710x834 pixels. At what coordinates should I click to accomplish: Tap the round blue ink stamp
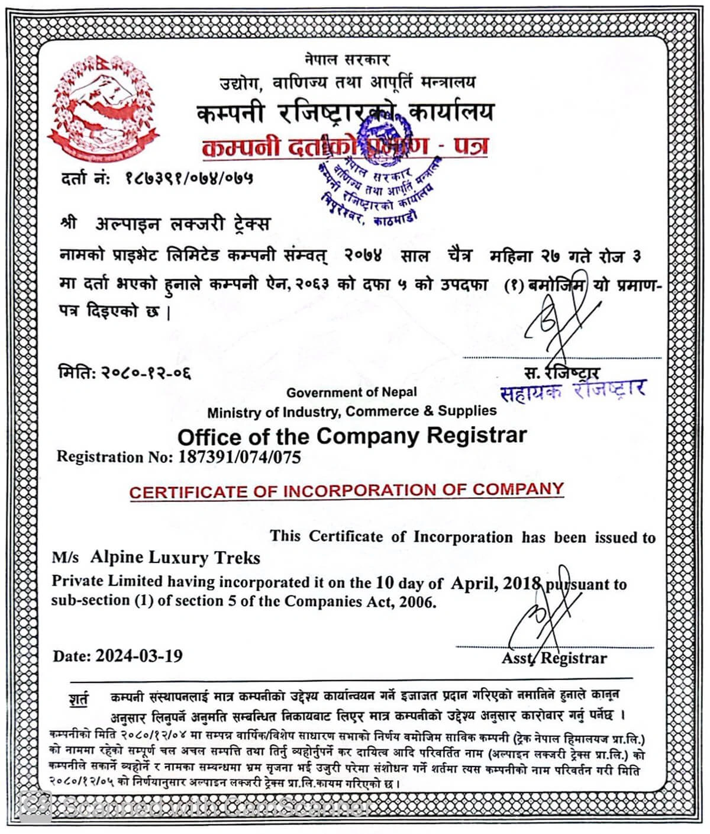pyautogui.click(x=379, y=169)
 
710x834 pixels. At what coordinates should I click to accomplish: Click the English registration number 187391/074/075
pyautogui.click(x=239, y=457)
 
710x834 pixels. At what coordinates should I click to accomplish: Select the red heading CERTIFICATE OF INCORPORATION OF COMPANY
pyautogui.click(x=346, y=491)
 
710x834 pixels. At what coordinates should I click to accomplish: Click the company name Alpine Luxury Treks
pyautogui.click(x=175, y=558)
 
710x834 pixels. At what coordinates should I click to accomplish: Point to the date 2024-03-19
pyautogui.click(x=139, y=656)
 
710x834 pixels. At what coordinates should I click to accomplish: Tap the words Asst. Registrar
pyautogui.click(x=554, y=658)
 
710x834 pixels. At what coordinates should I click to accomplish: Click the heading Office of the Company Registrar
pyautogui.click(x=351, y=436)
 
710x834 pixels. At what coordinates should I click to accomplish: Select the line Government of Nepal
pyautogui.click(x=351, y=392)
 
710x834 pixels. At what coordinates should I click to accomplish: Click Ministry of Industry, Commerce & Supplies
pyautogui.click(x=351, y=411)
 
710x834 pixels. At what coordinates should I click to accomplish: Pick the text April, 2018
pyautogui.click(x=496, y=583)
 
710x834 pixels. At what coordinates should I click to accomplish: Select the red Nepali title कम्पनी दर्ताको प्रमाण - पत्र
pyautogui.click(x=345, y=146)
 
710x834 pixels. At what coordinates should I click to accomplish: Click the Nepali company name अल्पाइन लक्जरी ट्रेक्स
pyautogui.click(x=182, y=224)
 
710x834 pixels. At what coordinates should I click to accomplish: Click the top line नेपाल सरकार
pyautogui.click(x=347, y=60)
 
